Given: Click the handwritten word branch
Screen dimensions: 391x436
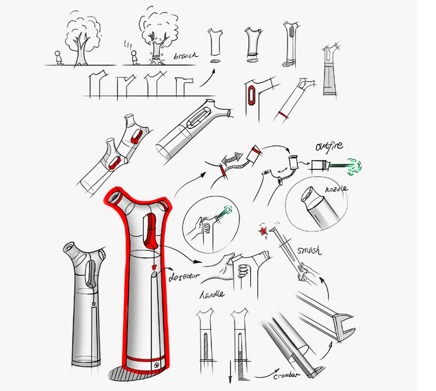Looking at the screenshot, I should (x=185, y=56).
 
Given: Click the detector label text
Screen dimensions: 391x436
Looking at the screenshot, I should (x=186, y=277).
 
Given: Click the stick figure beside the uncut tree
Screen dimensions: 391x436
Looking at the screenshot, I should (x=58, y=57).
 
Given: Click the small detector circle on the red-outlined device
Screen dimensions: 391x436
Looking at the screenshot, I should (x=155, y=275).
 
